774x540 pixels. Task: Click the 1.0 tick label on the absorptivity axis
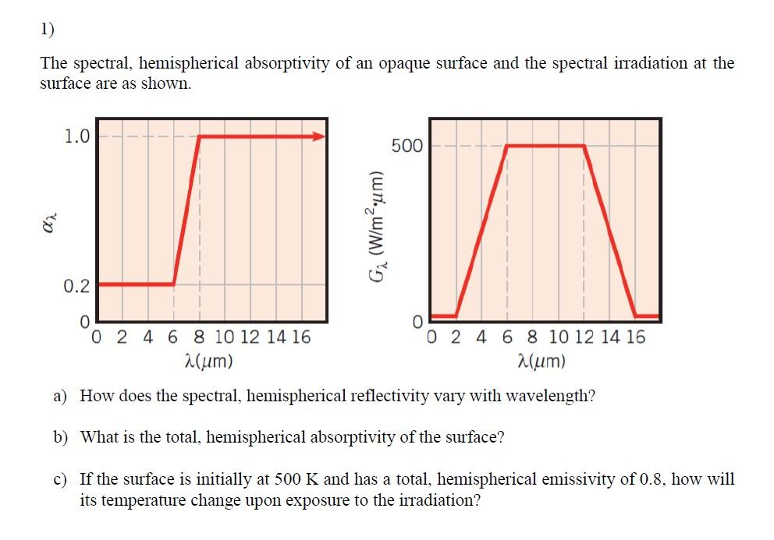click(x=76, y=137)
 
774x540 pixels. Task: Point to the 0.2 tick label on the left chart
click(x=76, y=286)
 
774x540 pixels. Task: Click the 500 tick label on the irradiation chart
click(x=407, y=146)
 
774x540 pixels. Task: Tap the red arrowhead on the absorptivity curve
click(x=319, y=136)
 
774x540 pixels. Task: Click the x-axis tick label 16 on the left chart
click(x=300, y=337)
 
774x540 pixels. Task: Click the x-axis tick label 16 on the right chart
click(x=635, y=337)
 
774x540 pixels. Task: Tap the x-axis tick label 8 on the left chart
click(x=199, y=337)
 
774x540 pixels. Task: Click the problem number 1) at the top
click(x=48, y=30)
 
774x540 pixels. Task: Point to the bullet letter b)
click(x=62, y=437)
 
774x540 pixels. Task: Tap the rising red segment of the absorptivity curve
click(x=187, y=210)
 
